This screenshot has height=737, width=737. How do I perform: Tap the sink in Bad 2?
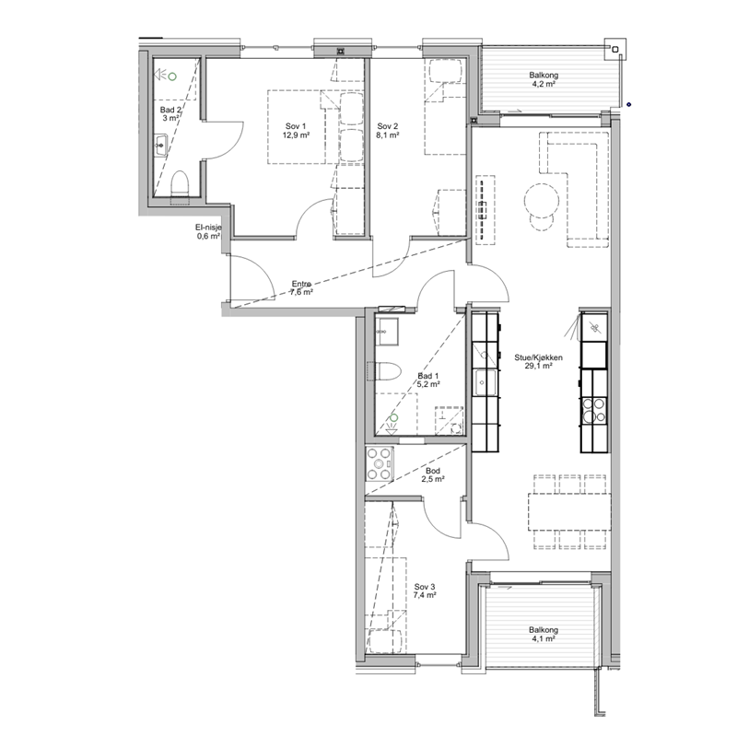[x=160, y=146]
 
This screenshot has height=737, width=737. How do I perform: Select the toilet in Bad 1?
[x=388, y=371]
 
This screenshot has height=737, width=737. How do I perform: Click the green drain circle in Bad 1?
[x=394, y=417]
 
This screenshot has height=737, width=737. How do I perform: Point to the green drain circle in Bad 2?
[x=172, y=76]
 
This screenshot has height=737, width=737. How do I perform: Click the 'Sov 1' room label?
[x=296, y=126]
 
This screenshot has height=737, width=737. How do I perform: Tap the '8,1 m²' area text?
[x=388, y=135]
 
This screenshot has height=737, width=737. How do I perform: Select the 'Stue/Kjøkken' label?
[x=538, y=357]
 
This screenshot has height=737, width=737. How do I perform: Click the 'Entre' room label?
[x=301, y=284]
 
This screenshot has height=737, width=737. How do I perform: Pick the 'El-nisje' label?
[x=208, y=228]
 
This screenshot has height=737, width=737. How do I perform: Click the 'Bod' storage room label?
[x=433, y=471]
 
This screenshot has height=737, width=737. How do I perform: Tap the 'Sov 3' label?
[x=425, y=587]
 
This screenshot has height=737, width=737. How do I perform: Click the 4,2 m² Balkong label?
[x=544, y=79]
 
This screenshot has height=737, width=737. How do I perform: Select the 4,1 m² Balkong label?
[x=544, y=634]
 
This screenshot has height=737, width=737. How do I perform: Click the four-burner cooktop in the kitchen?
[x=593, y=410]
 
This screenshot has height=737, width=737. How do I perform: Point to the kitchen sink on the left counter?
[x=485, y=382]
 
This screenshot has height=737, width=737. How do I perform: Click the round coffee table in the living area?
[x=542, y=200]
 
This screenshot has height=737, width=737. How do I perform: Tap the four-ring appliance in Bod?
[x=380, y=464]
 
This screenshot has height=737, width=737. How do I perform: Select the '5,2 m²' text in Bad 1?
[x=428, y=384]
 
